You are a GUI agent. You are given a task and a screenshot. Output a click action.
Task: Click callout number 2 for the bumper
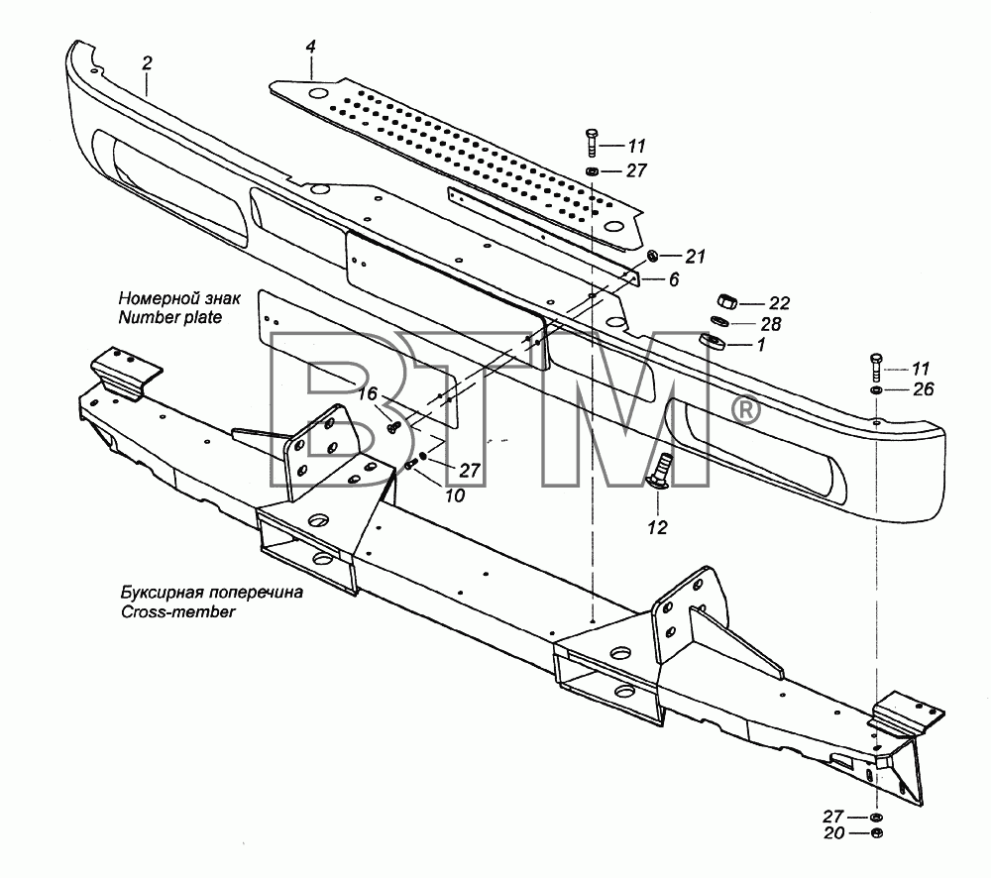pyautogui.click(x=148, y=63)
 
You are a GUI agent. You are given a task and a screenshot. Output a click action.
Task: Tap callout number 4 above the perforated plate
pyautogui.click(x=310, y=48)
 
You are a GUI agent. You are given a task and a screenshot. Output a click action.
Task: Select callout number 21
pyautogui.click(x=696, y=257)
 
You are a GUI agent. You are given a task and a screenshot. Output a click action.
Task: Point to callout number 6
pyautogui.click(x=674, y=279)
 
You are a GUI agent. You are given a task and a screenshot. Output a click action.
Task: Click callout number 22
pyautogui.click(x=779, y=304)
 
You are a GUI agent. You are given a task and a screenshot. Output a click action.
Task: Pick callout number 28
pyautogui.click(x=771, y=324)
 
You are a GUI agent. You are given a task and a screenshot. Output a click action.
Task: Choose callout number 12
pyautogui.click(x=657, y=528)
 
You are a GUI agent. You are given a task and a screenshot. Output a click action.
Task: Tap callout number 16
pyautogui.click(x=368, y=394)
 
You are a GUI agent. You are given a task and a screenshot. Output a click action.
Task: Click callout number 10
pyautogui.click(x=455, y=496)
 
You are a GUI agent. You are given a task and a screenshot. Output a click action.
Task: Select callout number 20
pyautogui.click(x=834, y=833)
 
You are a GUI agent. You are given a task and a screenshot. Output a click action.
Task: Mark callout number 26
pyautogui.click(x=924, y=389)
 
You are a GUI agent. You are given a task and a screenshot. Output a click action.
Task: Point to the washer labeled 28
pyautogui.click(x=719, y=322)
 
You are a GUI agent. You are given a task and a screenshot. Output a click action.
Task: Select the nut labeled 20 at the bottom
pyautogui.click(x=876, y=833)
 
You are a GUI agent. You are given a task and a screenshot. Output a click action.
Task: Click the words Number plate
pyautogui.click(x=170, y=317)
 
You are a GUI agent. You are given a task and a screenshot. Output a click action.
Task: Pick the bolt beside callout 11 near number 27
pyautogui.click(x=592, y=143)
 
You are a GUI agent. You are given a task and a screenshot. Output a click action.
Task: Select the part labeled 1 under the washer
pyautogui.click(x=713, y=341)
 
